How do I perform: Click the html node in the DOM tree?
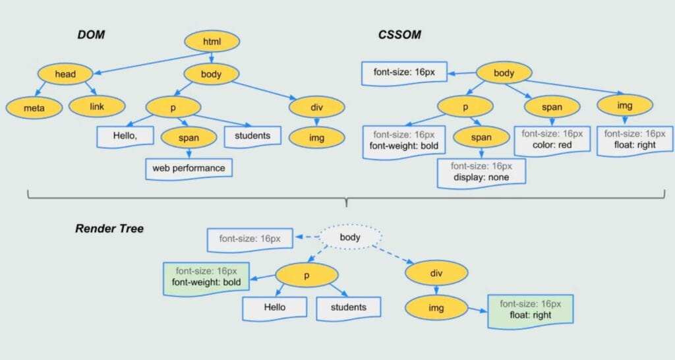click(x=212, y=42)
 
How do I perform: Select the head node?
click(x=65, y=74)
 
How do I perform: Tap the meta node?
click(x=34, y=107)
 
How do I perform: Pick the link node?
click(x=97, y=106)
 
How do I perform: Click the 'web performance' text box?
click(x=189, y=168)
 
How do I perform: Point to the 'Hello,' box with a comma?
click(x=125, y=136)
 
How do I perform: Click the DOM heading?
click(x=91, y=34)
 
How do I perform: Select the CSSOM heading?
click(x=399, y=34)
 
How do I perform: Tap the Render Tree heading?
click(x=109, y=228)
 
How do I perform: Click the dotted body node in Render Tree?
click(x=350, y=237)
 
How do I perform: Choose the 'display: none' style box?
click(x=481, y=172)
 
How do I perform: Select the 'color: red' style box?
click(x=552, y=140)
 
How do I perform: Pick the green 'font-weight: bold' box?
click(x=206, y=278)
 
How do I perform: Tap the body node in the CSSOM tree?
click(x=504, y=73)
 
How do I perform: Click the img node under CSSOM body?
click(x=625, y=105)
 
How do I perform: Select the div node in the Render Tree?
click(x=436, y=273)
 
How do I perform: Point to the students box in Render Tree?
click(x=348, y=308)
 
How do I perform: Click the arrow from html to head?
click(x=152, y=63)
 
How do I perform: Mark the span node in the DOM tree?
click(x=189, y=138)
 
